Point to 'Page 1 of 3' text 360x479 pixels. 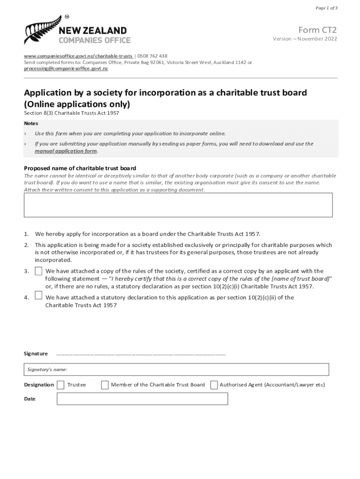(326, 8)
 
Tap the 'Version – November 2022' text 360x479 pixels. (305, 39)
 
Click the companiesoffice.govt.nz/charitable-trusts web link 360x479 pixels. (79, 56)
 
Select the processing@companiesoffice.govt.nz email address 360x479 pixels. (66, 68)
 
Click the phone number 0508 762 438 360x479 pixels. (152, 56)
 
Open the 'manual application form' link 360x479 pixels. (66, 151)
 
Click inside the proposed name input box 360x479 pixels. (178, 205)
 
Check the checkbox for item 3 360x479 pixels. (38, 271)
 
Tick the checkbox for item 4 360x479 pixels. (38, 295)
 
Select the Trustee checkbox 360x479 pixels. (61, 385)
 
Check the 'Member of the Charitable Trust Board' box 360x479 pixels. (105, 385)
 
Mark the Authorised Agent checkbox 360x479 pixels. (214, 385)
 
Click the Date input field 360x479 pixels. (142, 399)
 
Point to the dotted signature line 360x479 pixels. (141, 354)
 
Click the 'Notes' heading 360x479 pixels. (31, 123)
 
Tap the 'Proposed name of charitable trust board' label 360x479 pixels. (80, 168)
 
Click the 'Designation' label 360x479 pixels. (39, 385)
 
